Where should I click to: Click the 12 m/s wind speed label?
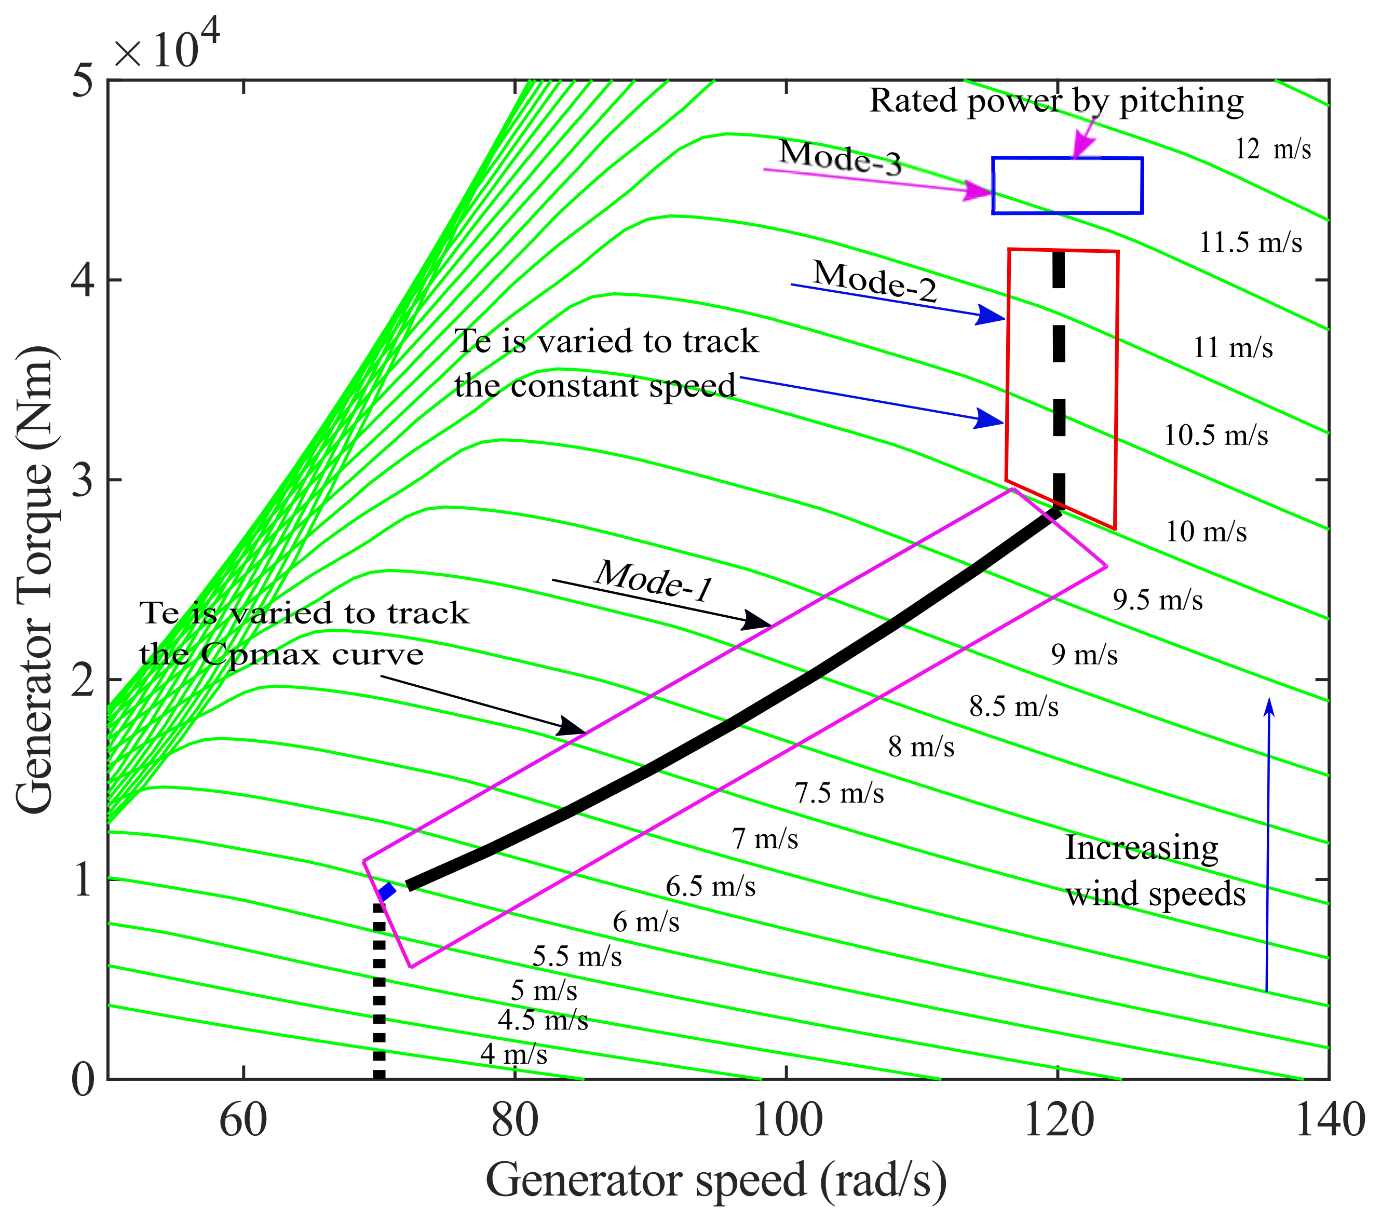point(1272,148)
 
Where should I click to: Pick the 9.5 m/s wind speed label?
point(1157,600)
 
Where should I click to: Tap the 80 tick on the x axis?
point(515,1122)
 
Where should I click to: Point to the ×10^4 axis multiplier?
point(166,47)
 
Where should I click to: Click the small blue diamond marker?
point(386,891)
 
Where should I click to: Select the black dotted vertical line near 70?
point(379,993)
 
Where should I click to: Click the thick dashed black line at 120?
point(1059,378)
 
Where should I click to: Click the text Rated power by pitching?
point(1056,101)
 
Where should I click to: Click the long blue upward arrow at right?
point(1267,845)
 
